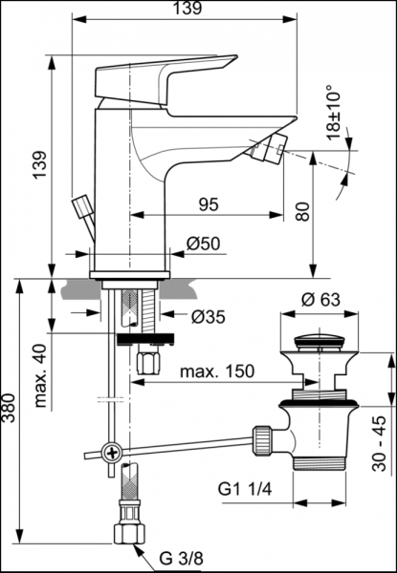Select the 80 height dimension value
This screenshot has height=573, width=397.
pos(302,211)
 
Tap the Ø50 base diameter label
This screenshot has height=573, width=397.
pos(204,244)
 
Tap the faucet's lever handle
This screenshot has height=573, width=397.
pos(172,75)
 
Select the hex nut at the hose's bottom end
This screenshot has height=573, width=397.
pos(126,532)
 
